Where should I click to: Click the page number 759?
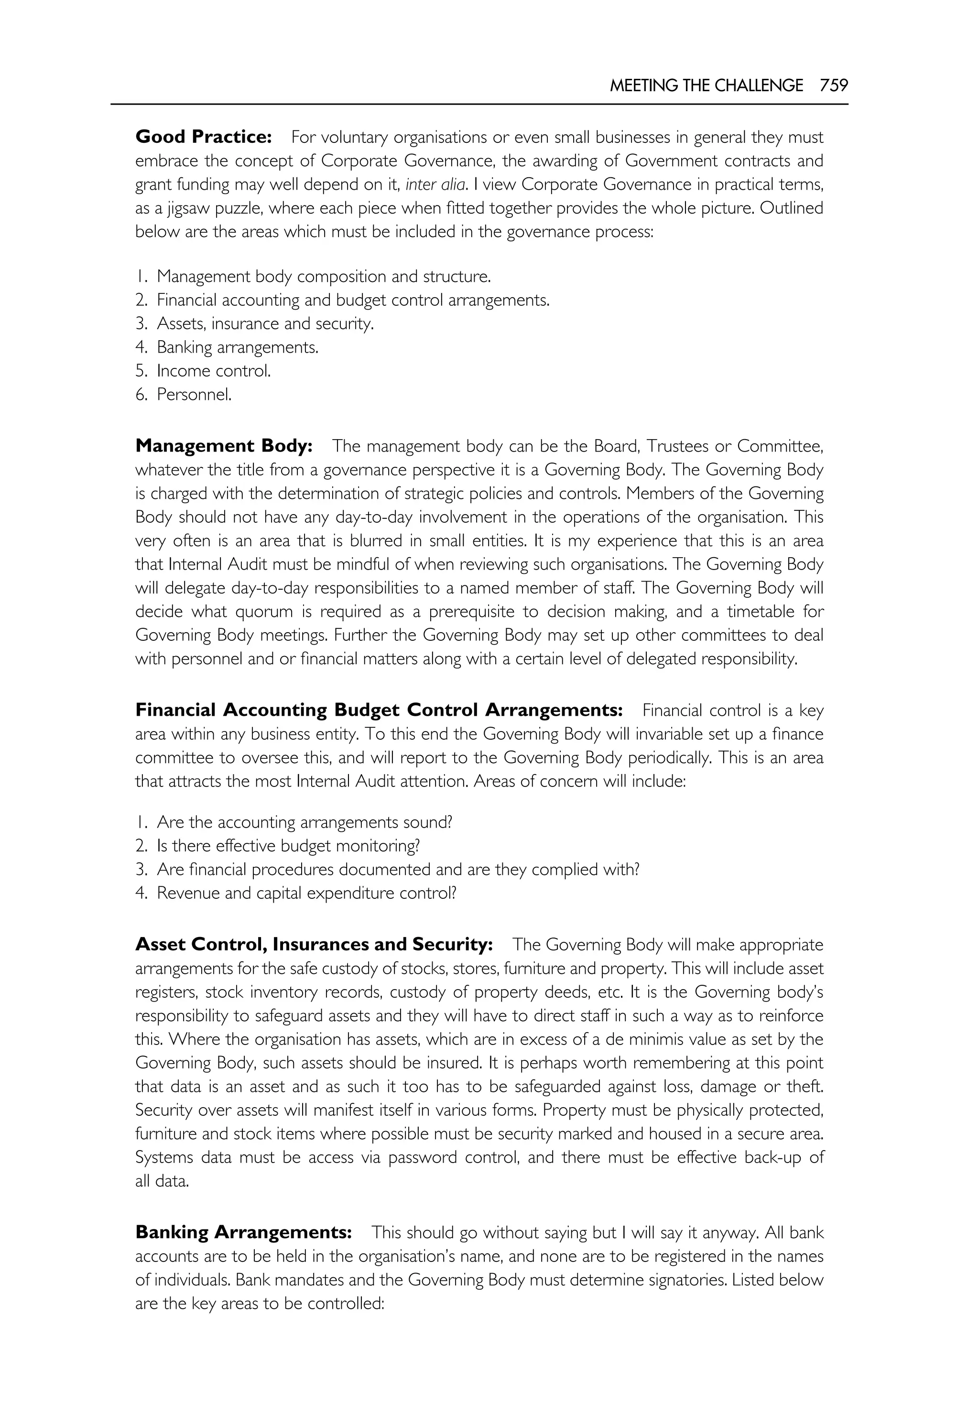[834, 86]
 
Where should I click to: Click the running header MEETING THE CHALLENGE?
[706, 86]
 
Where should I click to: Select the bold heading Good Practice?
[203, 137]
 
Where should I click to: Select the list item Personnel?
[194, 394]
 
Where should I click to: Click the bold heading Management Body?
[224, 446]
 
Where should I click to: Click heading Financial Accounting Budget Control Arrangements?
[379, 710]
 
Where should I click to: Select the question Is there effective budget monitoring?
[288, 846]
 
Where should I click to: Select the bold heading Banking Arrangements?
[243, 1232]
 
